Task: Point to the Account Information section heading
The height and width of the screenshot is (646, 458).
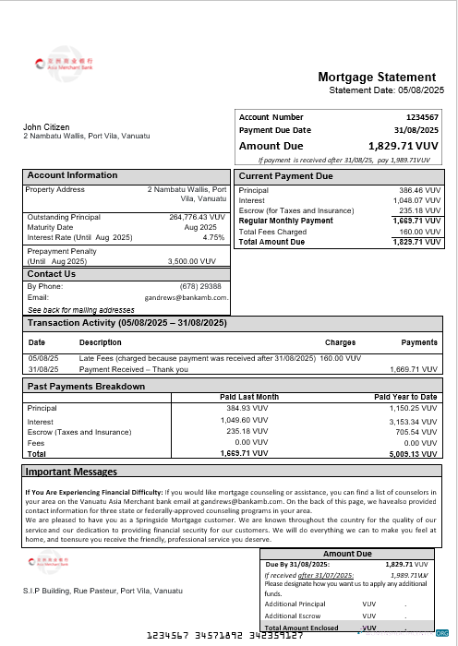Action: [72, 175]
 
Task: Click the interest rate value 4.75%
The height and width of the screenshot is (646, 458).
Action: [213, 237]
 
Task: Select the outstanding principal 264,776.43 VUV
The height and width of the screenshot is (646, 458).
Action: [197, 217]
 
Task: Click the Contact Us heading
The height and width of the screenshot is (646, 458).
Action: [51, 274]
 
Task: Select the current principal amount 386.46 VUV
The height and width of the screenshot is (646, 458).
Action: [413, 190]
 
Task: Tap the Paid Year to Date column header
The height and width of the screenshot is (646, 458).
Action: [405, 397]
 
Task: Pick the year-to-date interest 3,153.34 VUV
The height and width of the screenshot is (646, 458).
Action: [411, 421]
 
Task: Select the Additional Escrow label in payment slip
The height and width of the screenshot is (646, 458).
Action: [293, 614]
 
